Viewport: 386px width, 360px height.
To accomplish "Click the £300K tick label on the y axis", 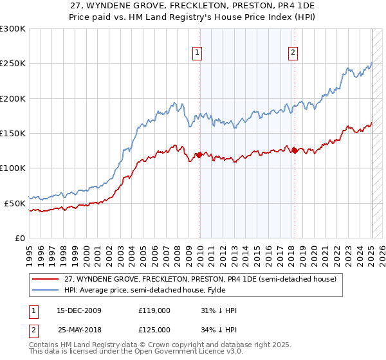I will (12, 29).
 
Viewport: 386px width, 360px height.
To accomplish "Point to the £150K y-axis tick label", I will (12, 133).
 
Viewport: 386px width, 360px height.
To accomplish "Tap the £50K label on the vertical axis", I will (15, 203).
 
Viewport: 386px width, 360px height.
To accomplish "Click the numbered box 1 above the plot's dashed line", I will (196, 53).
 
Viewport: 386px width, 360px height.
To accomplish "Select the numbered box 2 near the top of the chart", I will (293, 53).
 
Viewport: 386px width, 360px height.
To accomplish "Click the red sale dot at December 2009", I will (199, 154).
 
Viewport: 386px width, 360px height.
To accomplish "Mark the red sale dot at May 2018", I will (295, 150).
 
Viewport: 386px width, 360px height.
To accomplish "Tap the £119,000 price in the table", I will (154, 311).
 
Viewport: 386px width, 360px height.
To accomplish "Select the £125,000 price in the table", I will (154, 330).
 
